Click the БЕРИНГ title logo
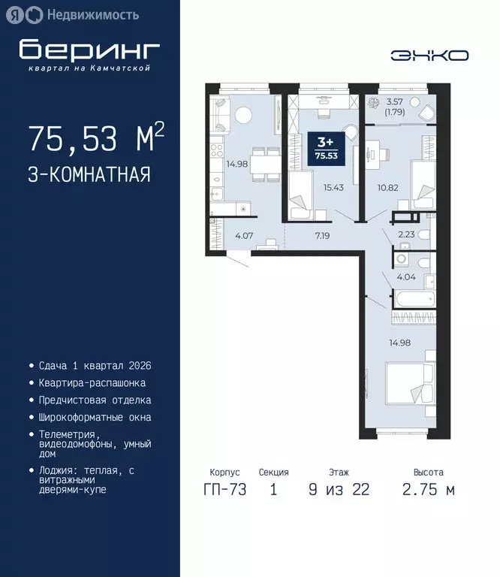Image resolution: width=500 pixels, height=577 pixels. [89, 49]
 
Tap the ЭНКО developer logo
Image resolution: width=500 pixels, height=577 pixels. [429, 56]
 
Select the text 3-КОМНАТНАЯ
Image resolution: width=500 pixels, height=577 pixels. [89, 175]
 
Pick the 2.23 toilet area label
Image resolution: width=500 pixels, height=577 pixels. [407, 234]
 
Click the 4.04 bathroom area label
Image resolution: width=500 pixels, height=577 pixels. [406, 276]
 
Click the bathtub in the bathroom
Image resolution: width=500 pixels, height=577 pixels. [414, 299]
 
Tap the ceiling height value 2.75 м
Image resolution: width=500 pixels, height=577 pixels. [428, 490]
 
